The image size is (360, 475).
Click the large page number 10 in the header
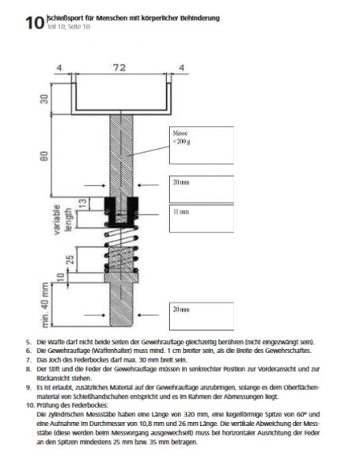point(35,23)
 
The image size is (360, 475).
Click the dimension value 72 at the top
point(119,67)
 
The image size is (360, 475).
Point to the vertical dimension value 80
point(44,156)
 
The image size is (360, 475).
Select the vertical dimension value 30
point(44,99)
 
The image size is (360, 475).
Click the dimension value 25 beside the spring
point(70,260)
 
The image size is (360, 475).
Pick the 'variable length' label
point(63,219)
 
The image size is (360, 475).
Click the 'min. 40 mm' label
point(45,305)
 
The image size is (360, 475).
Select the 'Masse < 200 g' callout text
point(181,137)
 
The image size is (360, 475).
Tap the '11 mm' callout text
point(180,211)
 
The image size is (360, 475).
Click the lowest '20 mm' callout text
point(181,310)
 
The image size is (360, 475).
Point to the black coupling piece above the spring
point(121,211)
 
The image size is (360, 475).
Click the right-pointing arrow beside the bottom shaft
point(95,315)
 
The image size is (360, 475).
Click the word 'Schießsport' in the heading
point(62,18)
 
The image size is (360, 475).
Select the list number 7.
point(28,360)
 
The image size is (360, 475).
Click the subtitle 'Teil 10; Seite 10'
point(68,27)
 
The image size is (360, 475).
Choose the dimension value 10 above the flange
point(61,276)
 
